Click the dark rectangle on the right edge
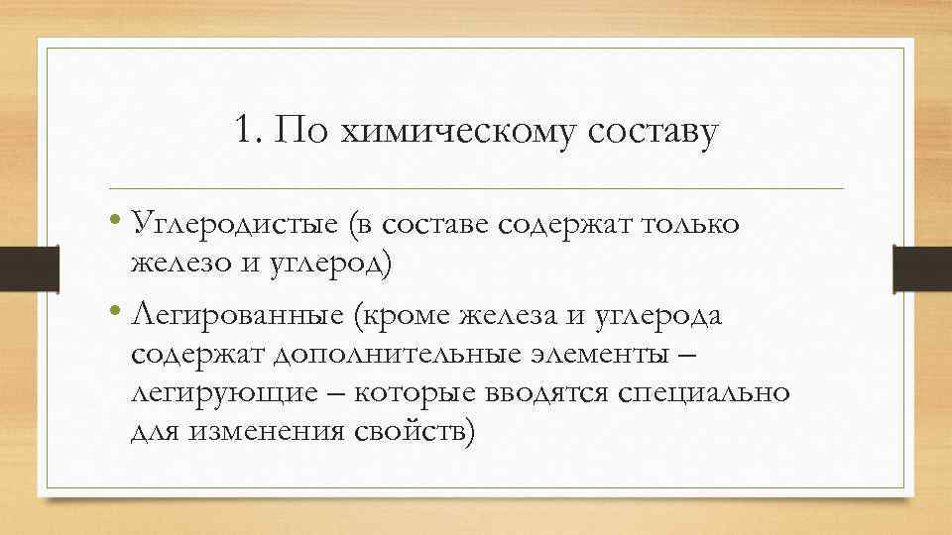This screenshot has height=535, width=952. (921, 267)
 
